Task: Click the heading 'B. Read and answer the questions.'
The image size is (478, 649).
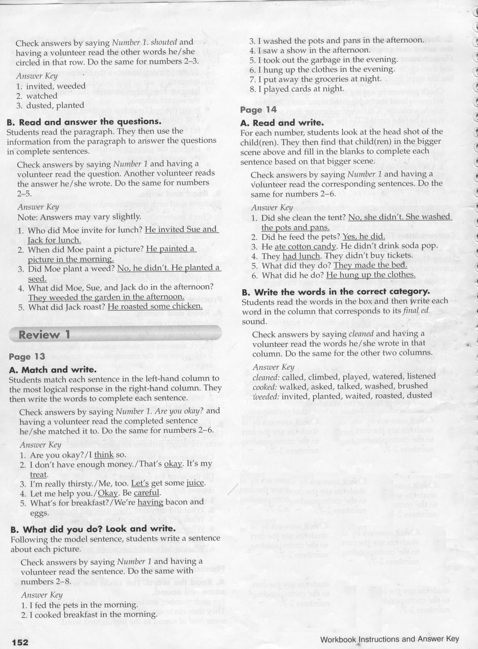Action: [84, 122]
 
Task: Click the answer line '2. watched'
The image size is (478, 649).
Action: [37, 96]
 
